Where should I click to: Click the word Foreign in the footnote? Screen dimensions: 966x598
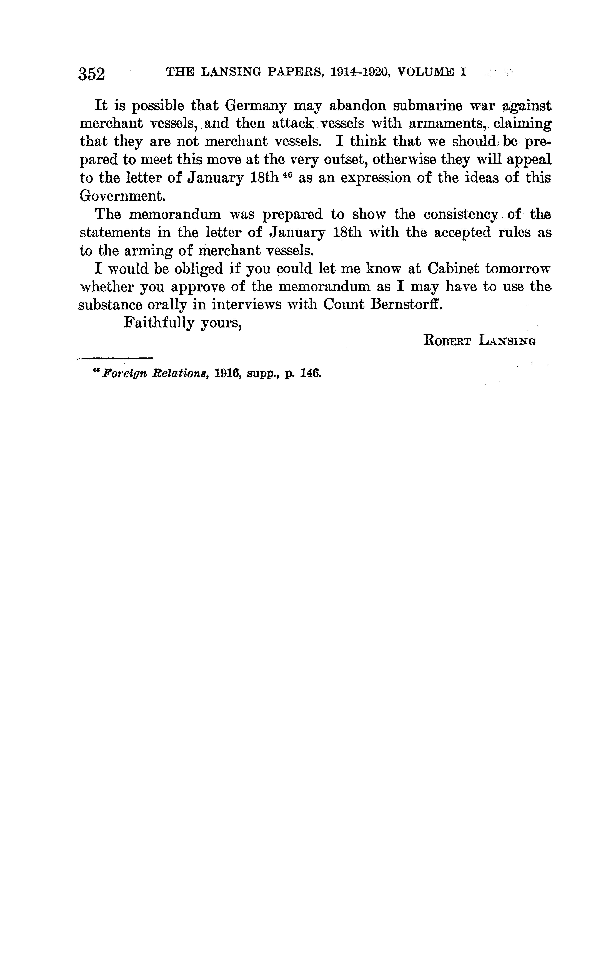[118, 374]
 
